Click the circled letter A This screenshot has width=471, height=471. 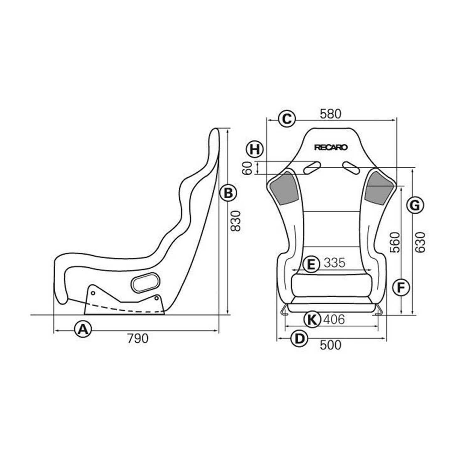point(82,329)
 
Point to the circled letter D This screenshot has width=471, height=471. point(300,338)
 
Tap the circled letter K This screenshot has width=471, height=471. point(312,320)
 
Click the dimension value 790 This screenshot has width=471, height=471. point(137,338)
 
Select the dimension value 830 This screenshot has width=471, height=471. point(236,221)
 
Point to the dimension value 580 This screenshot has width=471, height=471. point(330,114)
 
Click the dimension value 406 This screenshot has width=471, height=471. point(334,320)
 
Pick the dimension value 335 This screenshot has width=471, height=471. point(334,263)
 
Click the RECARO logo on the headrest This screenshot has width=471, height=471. point(331,147)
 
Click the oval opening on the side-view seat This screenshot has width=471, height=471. point(145,282)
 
